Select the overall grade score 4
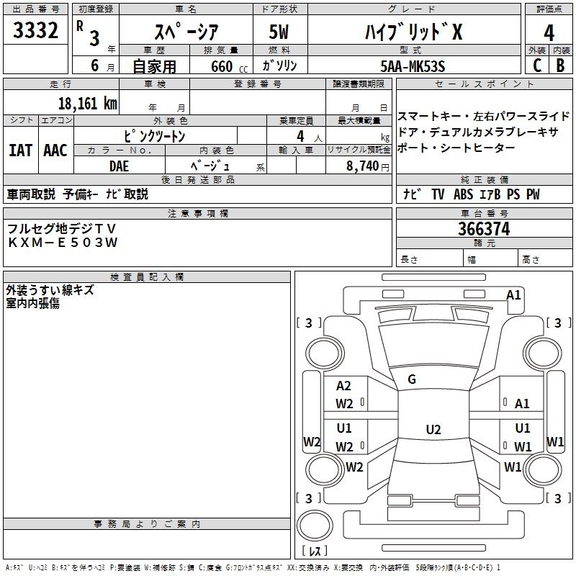coord(549,32)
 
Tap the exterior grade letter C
coord(536,65)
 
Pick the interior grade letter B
coord(561,65)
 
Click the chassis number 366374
coord(484,229)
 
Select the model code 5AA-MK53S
coord(413,66)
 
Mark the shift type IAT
coord(20,150)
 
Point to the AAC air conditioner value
coord(55,150)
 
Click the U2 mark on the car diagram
coord(433,430)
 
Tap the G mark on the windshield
coord(412,379)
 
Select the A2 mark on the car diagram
coord(344,386)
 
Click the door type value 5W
coord(279,32)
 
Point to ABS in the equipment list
coord(463,194)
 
